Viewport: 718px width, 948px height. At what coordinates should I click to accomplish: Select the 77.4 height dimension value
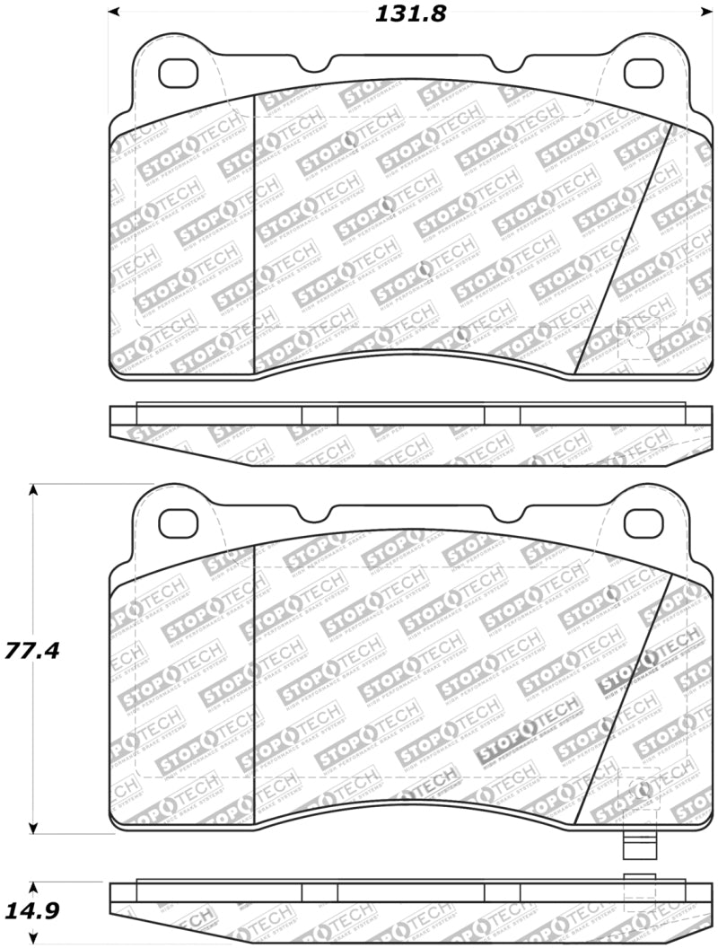coord(34,650)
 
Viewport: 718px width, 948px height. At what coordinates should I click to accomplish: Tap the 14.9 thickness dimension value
coord(34,911)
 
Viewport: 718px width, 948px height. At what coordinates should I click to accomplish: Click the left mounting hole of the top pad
coord(178,72)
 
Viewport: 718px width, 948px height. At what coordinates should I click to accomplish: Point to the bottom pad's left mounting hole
coord(178,522)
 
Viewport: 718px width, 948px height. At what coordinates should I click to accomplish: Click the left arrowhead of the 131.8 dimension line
coord(114,13)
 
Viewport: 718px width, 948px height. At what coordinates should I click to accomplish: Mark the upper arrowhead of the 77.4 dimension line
coord(34,490)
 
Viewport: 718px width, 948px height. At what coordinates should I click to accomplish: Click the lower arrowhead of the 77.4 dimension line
coord(34,829)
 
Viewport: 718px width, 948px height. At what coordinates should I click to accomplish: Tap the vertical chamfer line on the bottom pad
coord(256,682)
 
